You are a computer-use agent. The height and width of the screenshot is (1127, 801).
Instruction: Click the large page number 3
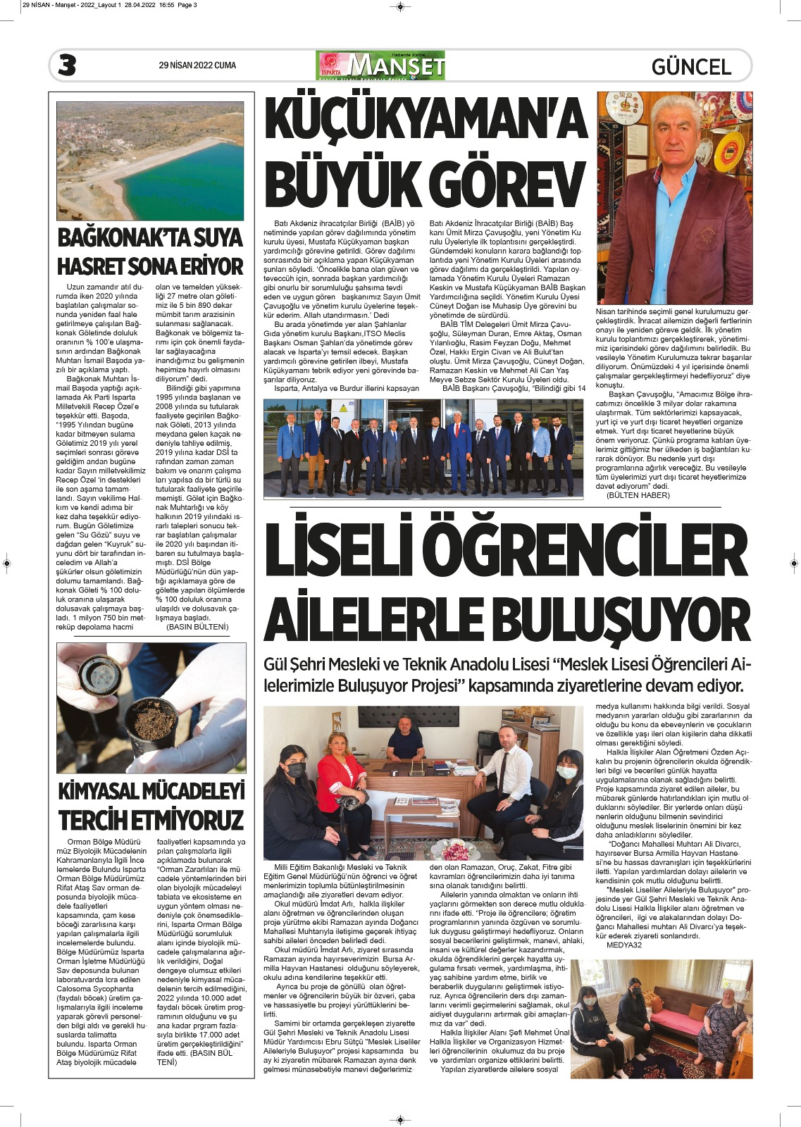tap(68, 66)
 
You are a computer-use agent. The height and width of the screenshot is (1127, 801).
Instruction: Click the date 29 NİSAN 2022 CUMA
tap(197, 66)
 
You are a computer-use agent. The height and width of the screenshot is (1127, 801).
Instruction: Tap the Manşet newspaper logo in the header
tap(380, 66)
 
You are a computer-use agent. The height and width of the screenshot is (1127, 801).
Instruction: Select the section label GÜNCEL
tap(691, 67)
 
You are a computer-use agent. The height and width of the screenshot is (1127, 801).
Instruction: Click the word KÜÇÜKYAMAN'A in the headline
tap(426, 120)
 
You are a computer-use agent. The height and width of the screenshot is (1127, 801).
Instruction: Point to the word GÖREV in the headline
tap(508, 185)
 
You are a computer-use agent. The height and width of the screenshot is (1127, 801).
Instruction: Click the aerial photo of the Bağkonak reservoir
tap(150, 161)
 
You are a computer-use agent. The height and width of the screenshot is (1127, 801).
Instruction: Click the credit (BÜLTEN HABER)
tap(638, 495)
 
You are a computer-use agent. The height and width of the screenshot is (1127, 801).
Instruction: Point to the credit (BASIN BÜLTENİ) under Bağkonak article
tap(197, 626)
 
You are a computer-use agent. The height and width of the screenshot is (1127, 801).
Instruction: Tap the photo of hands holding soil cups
tap(150, 708)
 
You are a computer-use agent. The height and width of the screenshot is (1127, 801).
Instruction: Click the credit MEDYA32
tap(623, 945)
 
